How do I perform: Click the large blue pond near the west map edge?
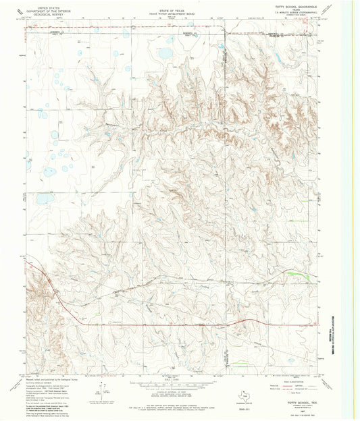43,199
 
